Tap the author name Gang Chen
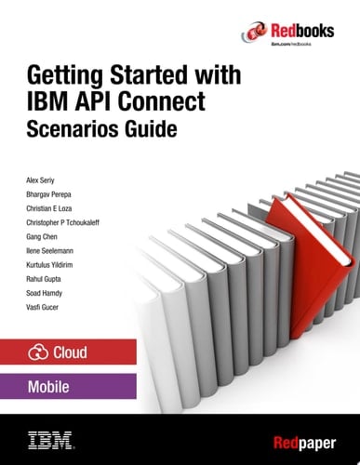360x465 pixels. point(47,237)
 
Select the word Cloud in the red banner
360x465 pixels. point(75,353)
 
